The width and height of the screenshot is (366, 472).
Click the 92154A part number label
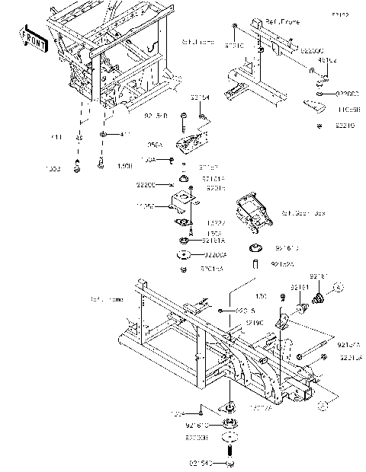point(348,343)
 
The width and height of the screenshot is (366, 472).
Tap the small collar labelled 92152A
point(256,264)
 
